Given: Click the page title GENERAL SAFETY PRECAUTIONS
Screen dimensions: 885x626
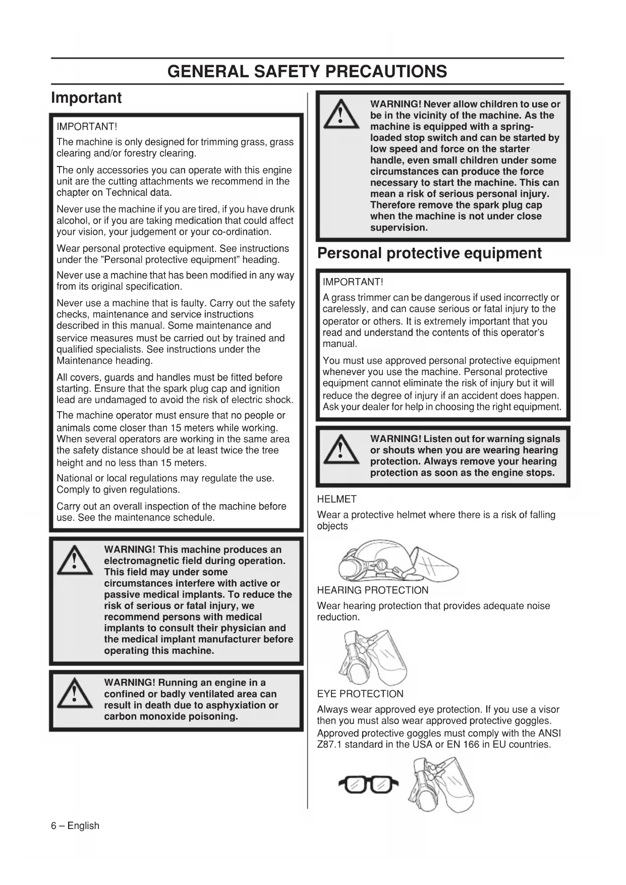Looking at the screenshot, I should [x=307, y=71].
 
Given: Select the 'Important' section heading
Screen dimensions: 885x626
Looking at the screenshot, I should [x=86, y=97].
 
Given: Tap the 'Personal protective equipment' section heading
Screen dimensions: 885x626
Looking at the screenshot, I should [x=429, y=253].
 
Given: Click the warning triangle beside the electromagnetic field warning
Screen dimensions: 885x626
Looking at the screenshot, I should [x=75, y=561].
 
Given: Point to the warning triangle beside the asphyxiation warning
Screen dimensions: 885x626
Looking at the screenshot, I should [x=75, y=694].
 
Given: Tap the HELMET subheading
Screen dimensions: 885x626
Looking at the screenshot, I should [x=336, y=499].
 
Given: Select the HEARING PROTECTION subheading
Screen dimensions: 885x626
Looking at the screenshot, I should [x=372, y=590].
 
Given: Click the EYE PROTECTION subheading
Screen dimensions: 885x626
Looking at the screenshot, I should [x=360, y=694].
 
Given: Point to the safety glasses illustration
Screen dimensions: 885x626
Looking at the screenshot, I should [x=368, y=785].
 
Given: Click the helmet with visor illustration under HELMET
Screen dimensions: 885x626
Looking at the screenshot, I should [x=399, y=561].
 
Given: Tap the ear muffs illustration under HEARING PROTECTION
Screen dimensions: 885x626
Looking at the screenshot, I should [x=373, y=656].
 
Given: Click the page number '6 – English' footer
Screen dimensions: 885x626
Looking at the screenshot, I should [x=75, y=826].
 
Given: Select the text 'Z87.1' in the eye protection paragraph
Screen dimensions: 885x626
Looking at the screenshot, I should [x=329, y=745].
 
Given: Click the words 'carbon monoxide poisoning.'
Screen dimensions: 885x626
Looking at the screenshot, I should [x=170, y=716].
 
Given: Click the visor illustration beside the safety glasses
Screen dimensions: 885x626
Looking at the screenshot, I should [x=441, y=785].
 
